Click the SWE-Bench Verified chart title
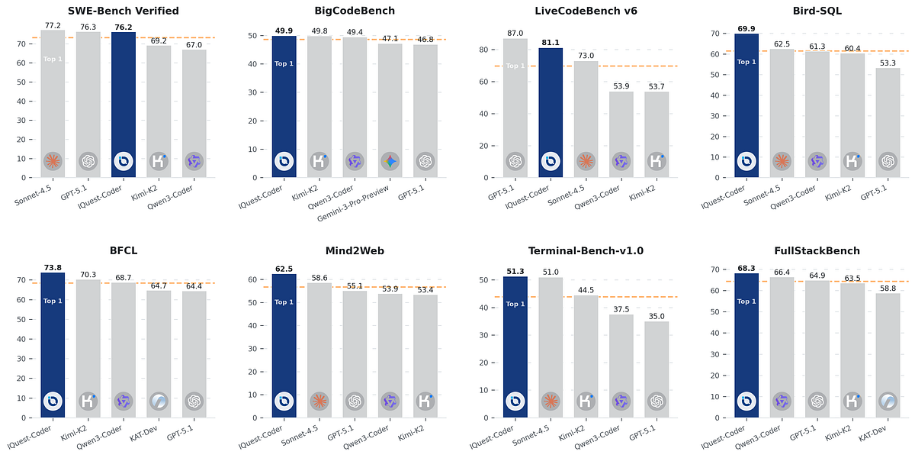click(x=124, y=11)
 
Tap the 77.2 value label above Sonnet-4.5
click(x=53, y=25)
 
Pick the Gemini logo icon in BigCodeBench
click(x=390, y=161)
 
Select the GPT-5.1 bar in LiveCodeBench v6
click(x=515, y=107)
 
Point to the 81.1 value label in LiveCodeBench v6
click(x=551, y=43)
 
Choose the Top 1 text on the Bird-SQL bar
click(x=746, y=62)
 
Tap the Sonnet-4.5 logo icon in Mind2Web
click(x=319, y=401)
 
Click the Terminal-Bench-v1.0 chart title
click(x=586, y=250)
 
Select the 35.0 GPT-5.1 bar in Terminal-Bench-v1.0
click(x=657, y=366)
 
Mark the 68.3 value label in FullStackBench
click(x=746, y=268)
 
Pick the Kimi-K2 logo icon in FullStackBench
click(x=852, y=401)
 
